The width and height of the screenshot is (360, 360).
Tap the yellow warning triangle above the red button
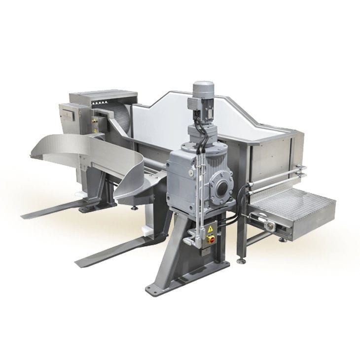click(x=211, y=229)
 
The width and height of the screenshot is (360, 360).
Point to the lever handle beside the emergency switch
click(x=189, y=241)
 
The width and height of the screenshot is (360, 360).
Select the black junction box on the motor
click(x=198, y=116)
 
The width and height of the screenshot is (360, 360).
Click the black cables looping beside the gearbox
click(x=240, y=207)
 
